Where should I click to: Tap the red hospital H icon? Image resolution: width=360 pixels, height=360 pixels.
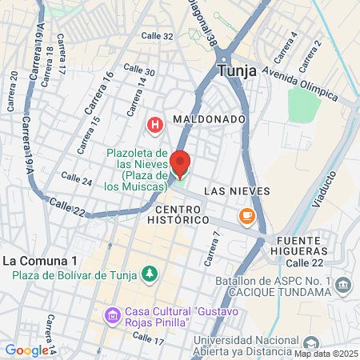tap(154, 125)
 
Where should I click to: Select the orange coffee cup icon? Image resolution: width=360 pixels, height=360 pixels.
tap(246, 214)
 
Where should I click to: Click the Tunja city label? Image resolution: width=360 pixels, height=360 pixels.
tap(236, 70)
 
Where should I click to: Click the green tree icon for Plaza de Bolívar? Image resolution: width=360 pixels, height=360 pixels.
tap(149, 275)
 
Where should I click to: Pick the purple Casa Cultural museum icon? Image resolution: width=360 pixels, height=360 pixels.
tap(113, 315)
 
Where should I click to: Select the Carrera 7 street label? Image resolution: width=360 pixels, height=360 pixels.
tap(211, 249)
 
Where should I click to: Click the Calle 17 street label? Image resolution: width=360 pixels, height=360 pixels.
tap(147, 339)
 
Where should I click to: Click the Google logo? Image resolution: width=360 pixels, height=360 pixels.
tap(27, 350)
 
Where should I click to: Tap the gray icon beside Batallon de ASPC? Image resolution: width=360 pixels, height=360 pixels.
tap(343, 285)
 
